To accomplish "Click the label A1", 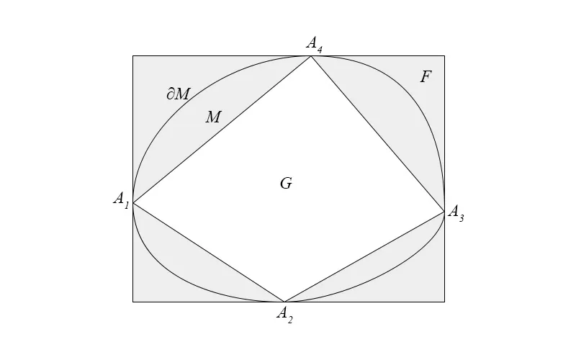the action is (x=121, y=199).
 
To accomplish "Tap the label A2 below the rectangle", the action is (x=285, y=315).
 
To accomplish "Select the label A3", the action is (x=456, y=213).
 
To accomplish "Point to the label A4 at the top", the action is (x=314, y=44).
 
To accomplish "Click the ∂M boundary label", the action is (x=178, y=93).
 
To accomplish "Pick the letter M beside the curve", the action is (x=213, y=117).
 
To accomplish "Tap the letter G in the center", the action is (x=286, y=184).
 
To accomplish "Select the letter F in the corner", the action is (x=426, y=77).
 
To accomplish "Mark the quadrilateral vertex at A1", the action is (x=133, y=202).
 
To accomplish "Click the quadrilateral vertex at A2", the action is (x=284, y=302).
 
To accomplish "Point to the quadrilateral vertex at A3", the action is (x=444, y=210).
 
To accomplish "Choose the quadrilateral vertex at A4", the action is (x=311, y=56).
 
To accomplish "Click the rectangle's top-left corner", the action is (x=133, y=56).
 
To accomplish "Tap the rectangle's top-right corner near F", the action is (x=444, y=56).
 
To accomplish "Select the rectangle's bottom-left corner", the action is (x=133, y=302).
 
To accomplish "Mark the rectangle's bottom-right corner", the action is (x=444, y=302).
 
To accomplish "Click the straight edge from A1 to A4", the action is (x=222, y=130).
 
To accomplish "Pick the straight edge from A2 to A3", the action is (x=364, y=256).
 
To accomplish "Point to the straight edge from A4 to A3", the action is (x=377, y=133).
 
